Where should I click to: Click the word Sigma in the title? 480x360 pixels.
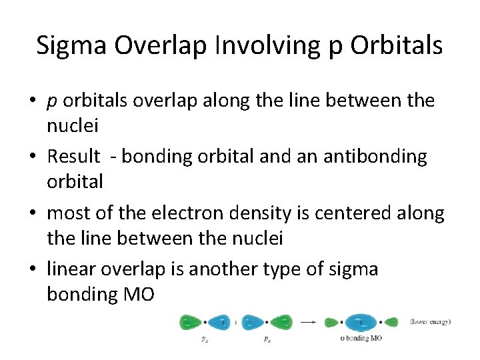pos(72,45)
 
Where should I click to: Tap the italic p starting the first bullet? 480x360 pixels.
pos(51,101)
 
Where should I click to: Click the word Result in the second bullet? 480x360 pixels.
pos(73,157)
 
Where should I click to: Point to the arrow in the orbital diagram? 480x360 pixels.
pos(308,322)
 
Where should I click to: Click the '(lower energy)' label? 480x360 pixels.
pos(430,322)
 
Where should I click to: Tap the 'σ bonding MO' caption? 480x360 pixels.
pos(361,339)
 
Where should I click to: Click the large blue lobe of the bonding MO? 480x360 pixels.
pos(360,322)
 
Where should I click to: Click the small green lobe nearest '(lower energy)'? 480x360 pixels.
pos(391,322)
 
